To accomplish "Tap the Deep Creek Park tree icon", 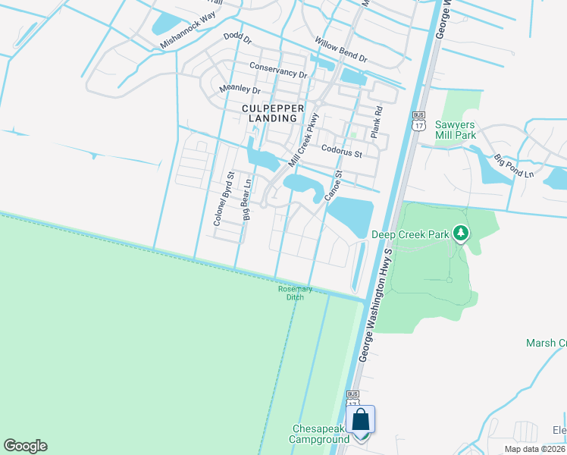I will click(x=460, y=234).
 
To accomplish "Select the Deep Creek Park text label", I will click(x=410, y=235).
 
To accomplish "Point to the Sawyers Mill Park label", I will click(x=454, y=130).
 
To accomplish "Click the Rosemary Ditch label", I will click(x=290, y=292).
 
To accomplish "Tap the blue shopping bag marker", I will click(x=360, y=419).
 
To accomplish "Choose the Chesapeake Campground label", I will click(x=321, y=434).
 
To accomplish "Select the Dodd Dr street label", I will click(x=237, y=36).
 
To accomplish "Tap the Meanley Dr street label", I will click(x=240, y=89).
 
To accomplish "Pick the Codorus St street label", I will click(x=342, y=152).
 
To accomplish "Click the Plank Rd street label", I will click(x=375, y=122).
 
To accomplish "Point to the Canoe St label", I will click(x=334, y=185).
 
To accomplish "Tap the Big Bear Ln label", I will click(x=246, y=200).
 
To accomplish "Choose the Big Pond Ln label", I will click(x=514, y=167).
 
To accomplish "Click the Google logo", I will click(x=25, y=446).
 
